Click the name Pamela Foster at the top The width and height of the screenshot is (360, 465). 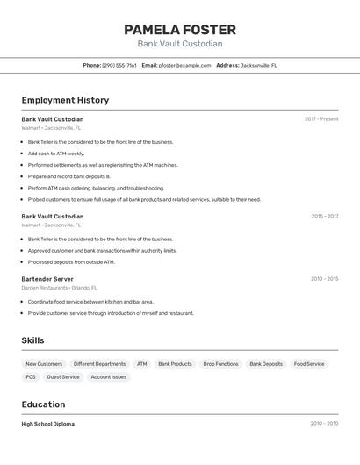[180, 30]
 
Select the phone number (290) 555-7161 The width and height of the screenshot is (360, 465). [119, 65]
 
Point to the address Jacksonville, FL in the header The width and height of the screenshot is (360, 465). [259, 65]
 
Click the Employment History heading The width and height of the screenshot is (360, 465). [65, 100]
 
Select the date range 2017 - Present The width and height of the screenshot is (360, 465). [321, 119]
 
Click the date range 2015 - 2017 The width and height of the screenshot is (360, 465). [324, 216]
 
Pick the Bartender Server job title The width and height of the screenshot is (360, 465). [47, 279]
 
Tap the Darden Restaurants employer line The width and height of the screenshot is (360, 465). [59, 288]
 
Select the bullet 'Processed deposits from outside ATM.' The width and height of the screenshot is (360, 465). [71, 262]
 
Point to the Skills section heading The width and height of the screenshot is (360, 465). [32, 340]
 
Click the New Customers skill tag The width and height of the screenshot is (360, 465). [44, 364]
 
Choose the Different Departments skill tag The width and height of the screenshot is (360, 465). [99, 364]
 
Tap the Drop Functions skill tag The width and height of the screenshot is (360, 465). [220, 364]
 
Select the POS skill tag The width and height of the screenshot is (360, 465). [31, 377]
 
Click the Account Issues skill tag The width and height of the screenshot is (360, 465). [109, 377]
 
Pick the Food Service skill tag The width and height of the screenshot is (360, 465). [309, 364]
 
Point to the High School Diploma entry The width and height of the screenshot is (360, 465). [48, 424]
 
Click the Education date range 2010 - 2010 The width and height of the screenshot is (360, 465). [324, 424]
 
